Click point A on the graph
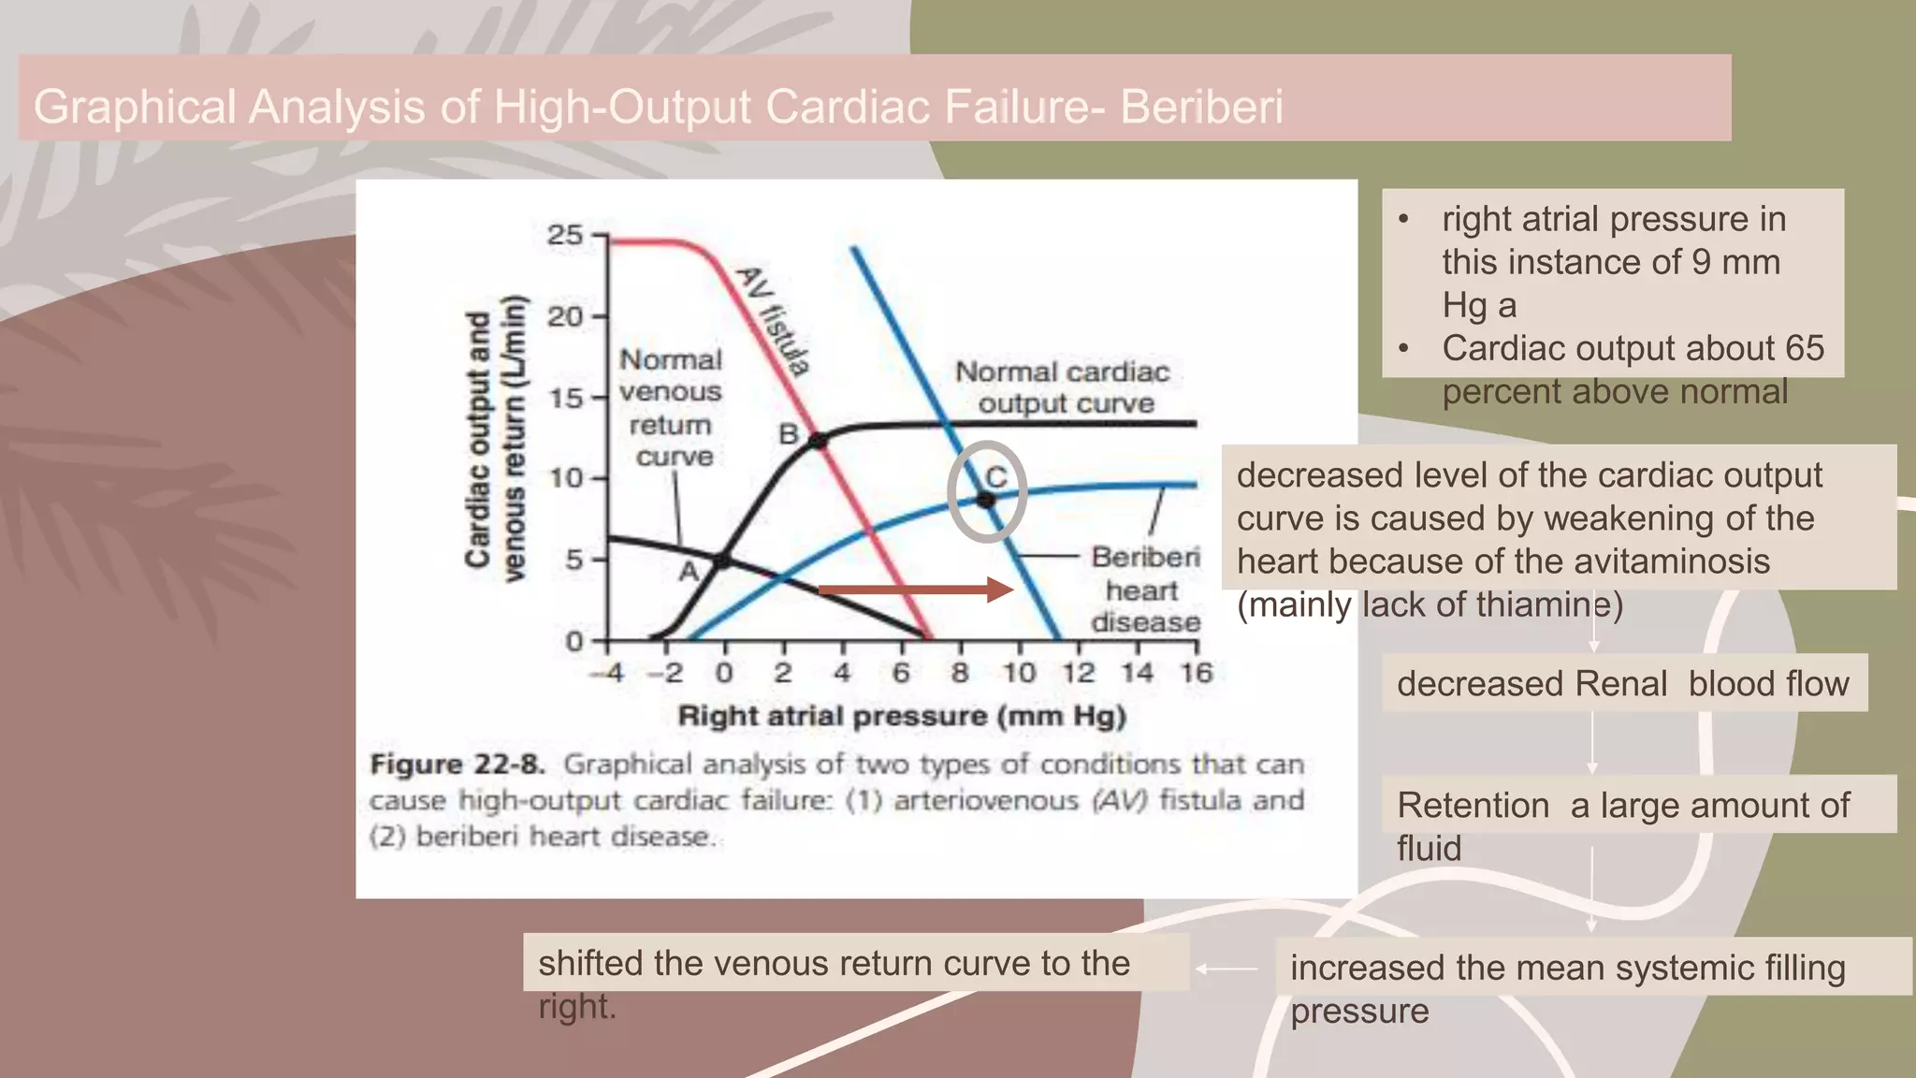click(721, 561)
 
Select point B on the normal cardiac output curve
click(818, 440)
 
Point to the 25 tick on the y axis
click(564, 235)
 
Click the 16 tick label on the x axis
click(1196, 673)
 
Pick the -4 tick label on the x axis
click(607, 673)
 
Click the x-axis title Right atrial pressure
click(901, 717)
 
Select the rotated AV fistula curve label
click(773, 321)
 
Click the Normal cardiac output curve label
click(1063, 387)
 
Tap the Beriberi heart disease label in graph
click(1145, 590)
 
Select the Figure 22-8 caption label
click(457, 765)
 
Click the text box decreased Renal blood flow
click(1623, 683)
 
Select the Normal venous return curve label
click(671, 408)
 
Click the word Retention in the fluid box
click(1473, 805)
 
